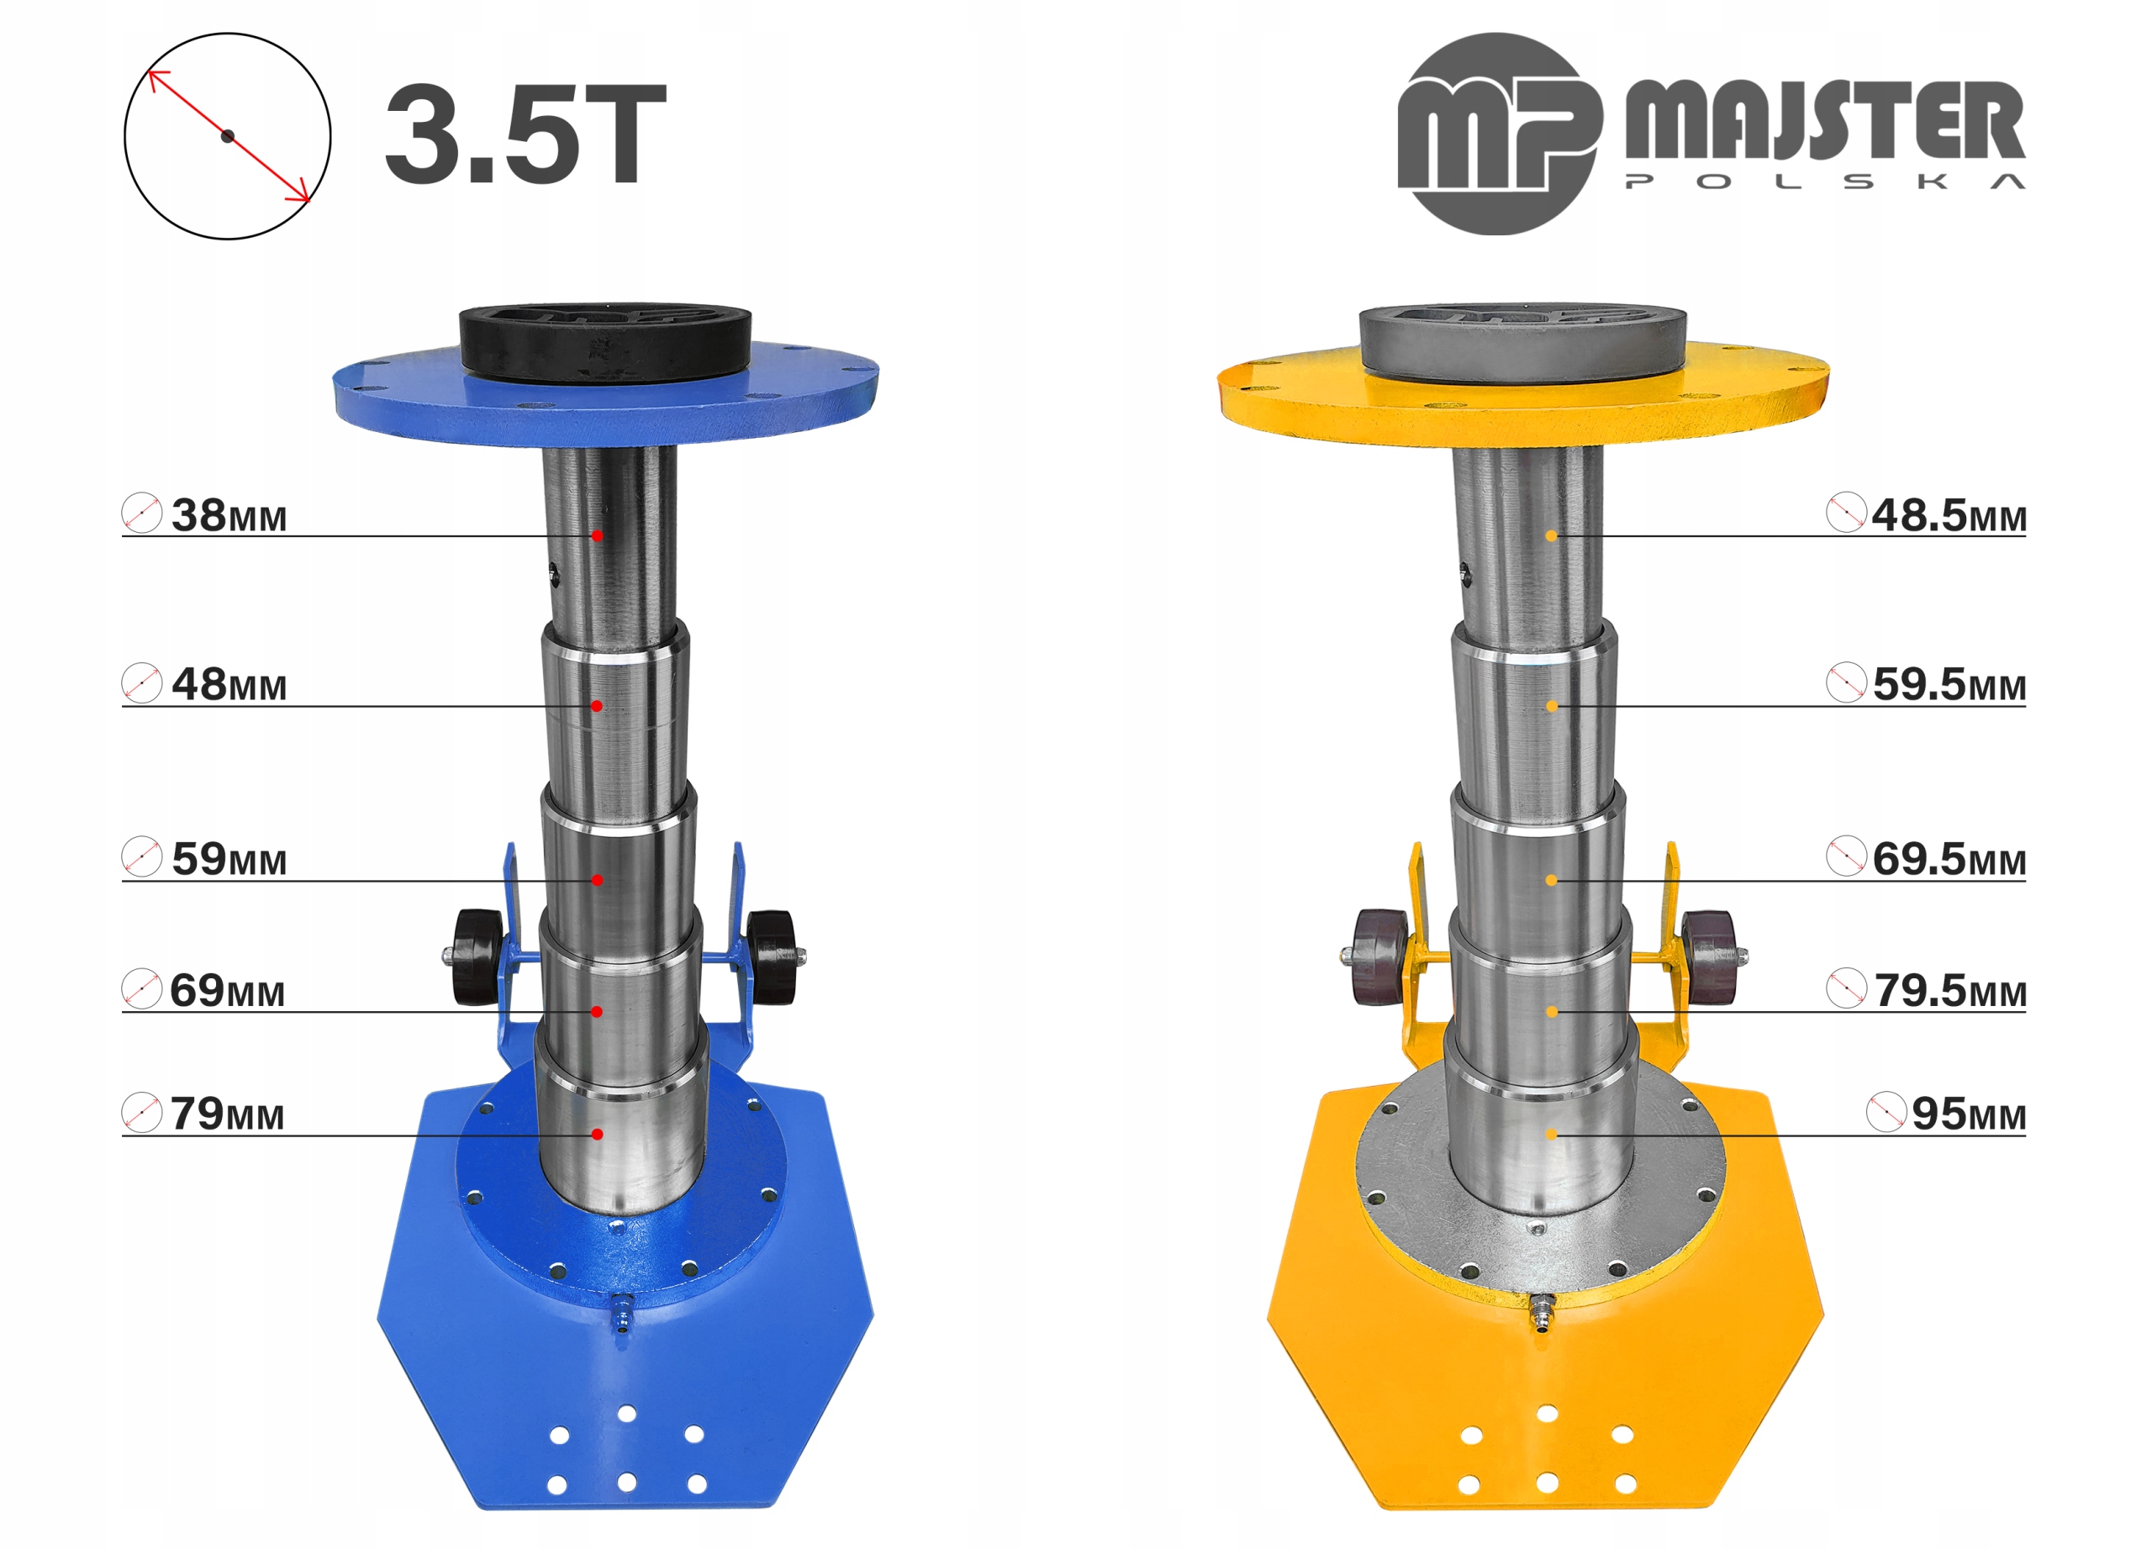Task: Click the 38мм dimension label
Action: [229, 515]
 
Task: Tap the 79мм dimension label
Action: [228, 1114]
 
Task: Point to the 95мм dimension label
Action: [1969, 1114]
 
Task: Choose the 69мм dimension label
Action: [228, 990]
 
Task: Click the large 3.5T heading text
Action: [525, 134]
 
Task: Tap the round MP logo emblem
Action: [1497, 134]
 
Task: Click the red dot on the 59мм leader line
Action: [597, 880]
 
